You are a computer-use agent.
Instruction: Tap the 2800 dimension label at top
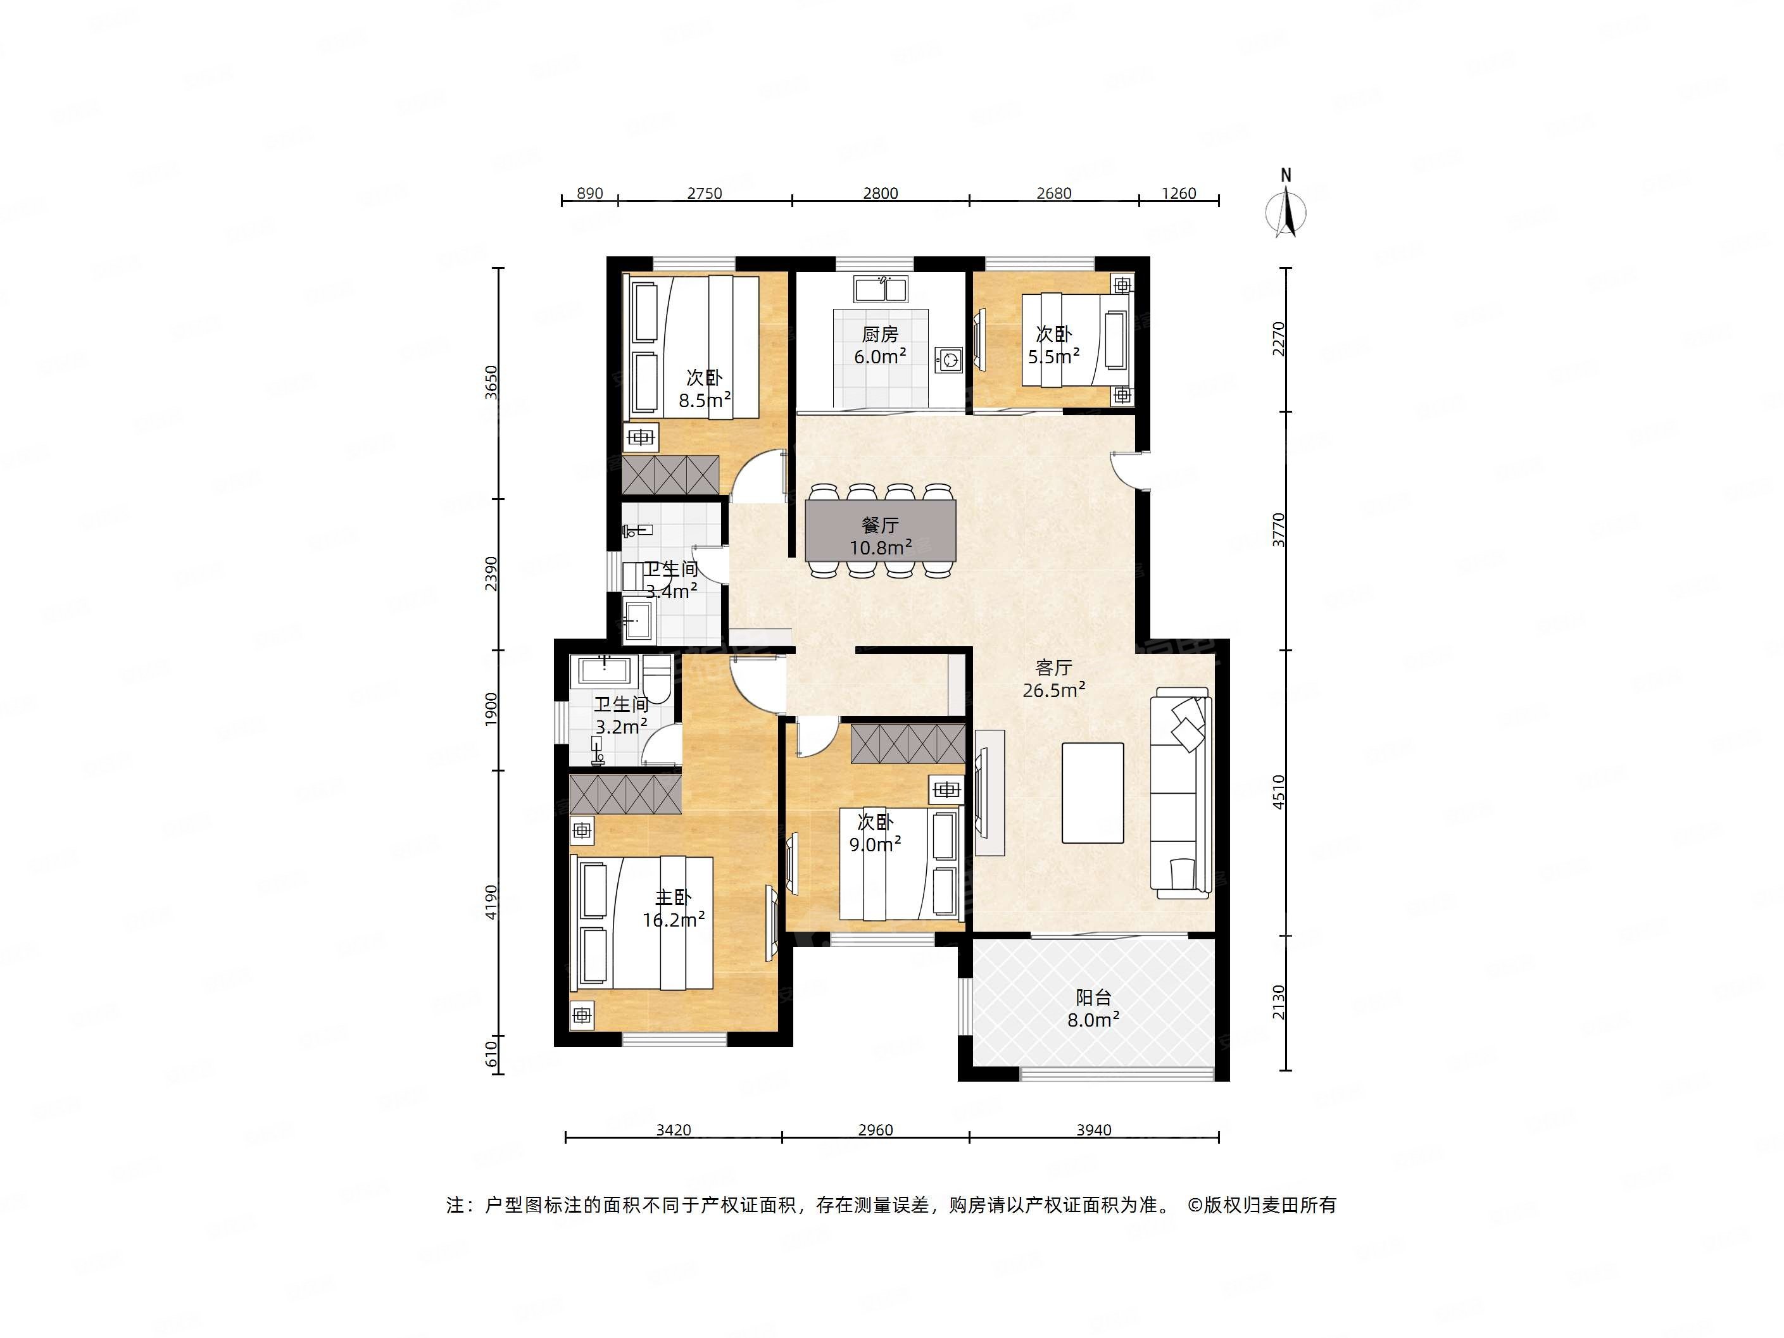880,194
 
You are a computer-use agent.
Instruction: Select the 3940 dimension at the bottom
1093,1130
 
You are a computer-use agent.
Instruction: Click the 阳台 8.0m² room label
1093,1009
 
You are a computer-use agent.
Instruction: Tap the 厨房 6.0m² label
880,345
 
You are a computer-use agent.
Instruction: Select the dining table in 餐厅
881,530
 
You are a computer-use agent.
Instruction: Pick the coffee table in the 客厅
1093,793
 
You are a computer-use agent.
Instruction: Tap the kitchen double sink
881,289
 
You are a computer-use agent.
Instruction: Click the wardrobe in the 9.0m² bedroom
908,744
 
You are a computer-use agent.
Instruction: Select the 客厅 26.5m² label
1053,679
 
